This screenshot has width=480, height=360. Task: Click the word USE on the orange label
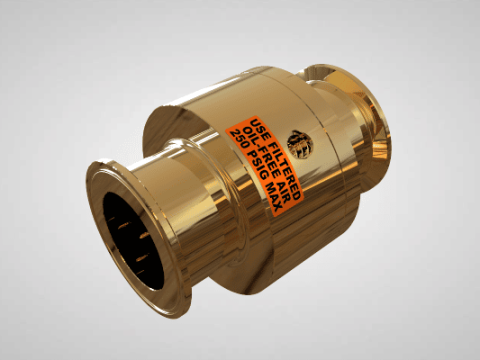257,127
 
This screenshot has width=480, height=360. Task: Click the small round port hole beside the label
300,143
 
